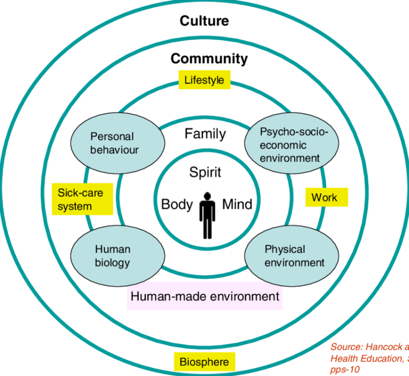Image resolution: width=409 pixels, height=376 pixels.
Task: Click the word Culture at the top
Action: click(204, 21)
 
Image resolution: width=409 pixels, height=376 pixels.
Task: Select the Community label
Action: click(209, 58)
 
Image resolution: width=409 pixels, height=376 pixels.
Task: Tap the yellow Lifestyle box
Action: click(204, 80)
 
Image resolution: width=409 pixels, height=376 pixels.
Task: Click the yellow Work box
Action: click(327, 197)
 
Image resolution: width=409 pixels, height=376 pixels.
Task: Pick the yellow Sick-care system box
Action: click(82, 200)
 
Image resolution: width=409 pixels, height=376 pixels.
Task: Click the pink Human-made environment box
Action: click(204, 297)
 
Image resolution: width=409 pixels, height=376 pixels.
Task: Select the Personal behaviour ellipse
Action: click(111, 143)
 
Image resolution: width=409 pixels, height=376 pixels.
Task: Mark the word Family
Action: click(205, 134)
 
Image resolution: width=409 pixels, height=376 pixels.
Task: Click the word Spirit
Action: click(205, 172)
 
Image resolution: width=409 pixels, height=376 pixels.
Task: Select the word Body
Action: click(177, 205)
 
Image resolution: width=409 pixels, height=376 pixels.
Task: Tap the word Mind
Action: click(237, 205)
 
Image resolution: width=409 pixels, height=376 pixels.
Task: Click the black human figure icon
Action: click(207, 215)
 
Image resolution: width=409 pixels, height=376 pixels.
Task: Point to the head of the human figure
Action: click(207, 195)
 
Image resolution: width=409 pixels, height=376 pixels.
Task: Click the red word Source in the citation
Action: click(347, 346)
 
